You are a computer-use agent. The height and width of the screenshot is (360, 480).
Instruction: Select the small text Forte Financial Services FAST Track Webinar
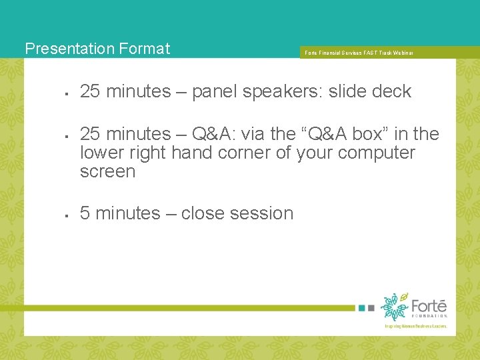coord(359,53)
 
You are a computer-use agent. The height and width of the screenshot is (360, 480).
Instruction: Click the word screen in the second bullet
coord(107,171)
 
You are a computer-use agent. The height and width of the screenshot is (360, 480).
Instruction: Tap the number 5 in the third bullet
coord(85,213)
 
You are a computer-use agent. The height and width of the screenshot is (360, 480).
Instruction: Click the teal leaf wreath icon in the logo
coord(394,307)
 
